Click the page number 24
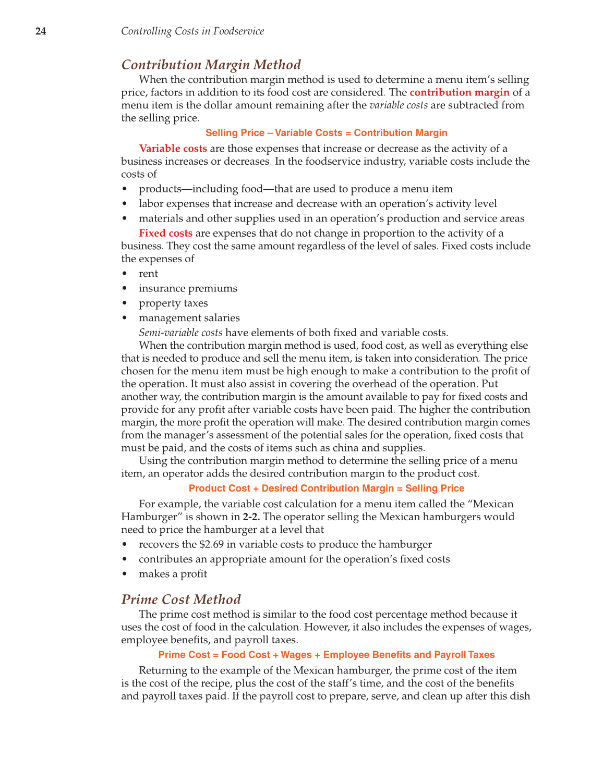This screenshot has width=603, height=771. [x=41, y=31]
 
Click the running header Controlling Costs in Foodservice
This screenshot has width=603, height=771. [x=192, y=31]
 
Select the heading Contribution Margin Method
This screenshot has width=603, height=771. [x=211, y=65]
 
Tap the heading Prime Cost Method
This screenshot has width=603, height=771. [x=181, y=599]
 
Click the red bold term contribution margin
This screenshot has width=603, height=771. [x=460, y=92]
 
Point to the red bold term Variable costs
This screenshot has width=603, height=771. [x=173, y=149]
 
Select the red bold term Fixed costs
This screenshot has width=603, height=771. [x=165, y=233]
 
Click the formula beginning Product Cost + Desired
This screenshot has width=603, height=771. [x=327, y=488]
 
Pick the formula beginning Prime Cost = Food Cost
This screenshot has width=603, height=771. [x=327, y=655]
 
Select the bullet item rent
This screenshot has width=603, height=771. [x=148, y=274]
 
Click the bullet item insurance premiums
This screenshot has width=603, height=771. [x=188, y=288]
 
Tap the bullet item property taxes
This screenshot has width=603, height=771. [x=173, y=303]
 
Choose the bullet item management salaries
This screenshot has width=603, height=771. [x=189, y=318]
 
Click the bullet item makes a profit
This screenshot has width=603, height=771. [x=173, y=574]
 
